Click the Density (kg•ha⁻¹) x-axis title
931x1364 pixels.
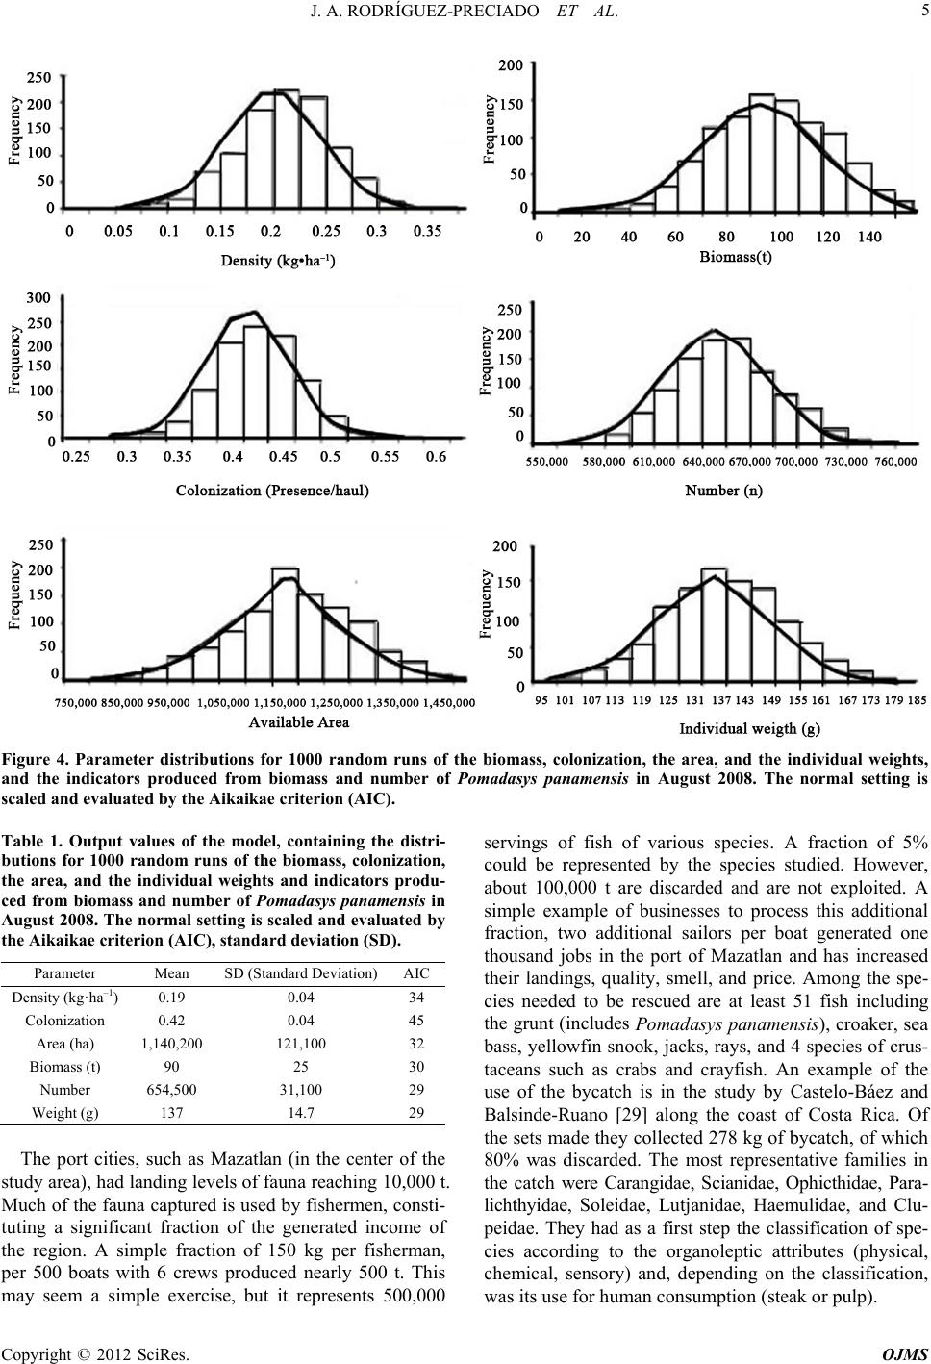pos(278,261)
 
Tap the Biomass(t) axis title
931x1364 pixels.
pos(735,257)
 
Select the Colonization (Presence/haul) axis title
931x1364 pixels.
pos(272,491)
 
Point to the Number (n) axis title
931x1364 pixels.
pos(723,491)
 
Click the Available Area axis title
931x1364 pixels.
pos(298,722)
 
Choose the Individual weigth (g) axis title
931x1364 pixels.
pos(749,729)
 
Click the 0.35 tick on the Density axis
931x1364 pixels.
pos(427,232)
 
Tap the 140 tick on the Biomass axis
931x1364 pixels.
pos(869,237)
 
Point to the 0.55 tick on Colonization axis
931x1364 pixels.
pos(385,457)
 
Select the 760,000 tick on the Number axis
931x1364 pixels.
pos(895,462)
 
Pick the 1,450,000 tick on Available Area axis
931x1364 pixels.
pos(449,703)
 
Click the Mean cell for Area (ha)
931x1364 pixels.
pos(172,1043)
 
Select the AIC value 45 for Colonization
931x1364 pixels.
pos(415,1020)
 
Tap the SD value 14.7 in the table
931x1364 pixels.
pos(301,1113)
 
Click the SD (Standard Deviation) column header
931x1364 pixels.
pos(301,973)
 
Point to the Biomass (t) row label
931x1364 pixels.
pos(65,1067)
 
